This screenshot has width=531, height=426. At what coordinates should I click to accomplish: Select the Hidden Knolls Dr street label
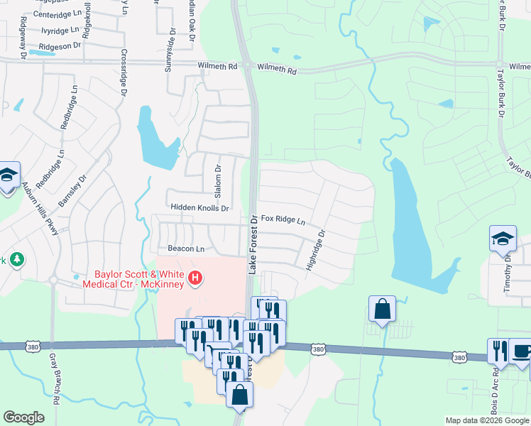click(x=199, y=208)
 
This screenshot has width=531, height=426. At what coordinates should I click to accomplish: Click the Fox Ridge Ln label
click(x=283, y=220)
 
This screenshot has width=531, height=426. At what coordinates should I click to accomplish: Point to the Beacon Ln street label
click(x=186, y=249)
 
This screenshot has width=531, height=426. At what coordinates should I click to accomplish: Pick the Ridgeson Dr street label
click(x=60, y=46)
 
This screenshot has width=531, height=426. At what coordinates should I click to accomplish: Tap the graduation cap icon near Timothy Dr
click(x=503, y=239)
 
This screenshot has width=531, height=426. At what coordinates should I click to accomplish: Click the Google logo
click(x=23, y=417)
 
